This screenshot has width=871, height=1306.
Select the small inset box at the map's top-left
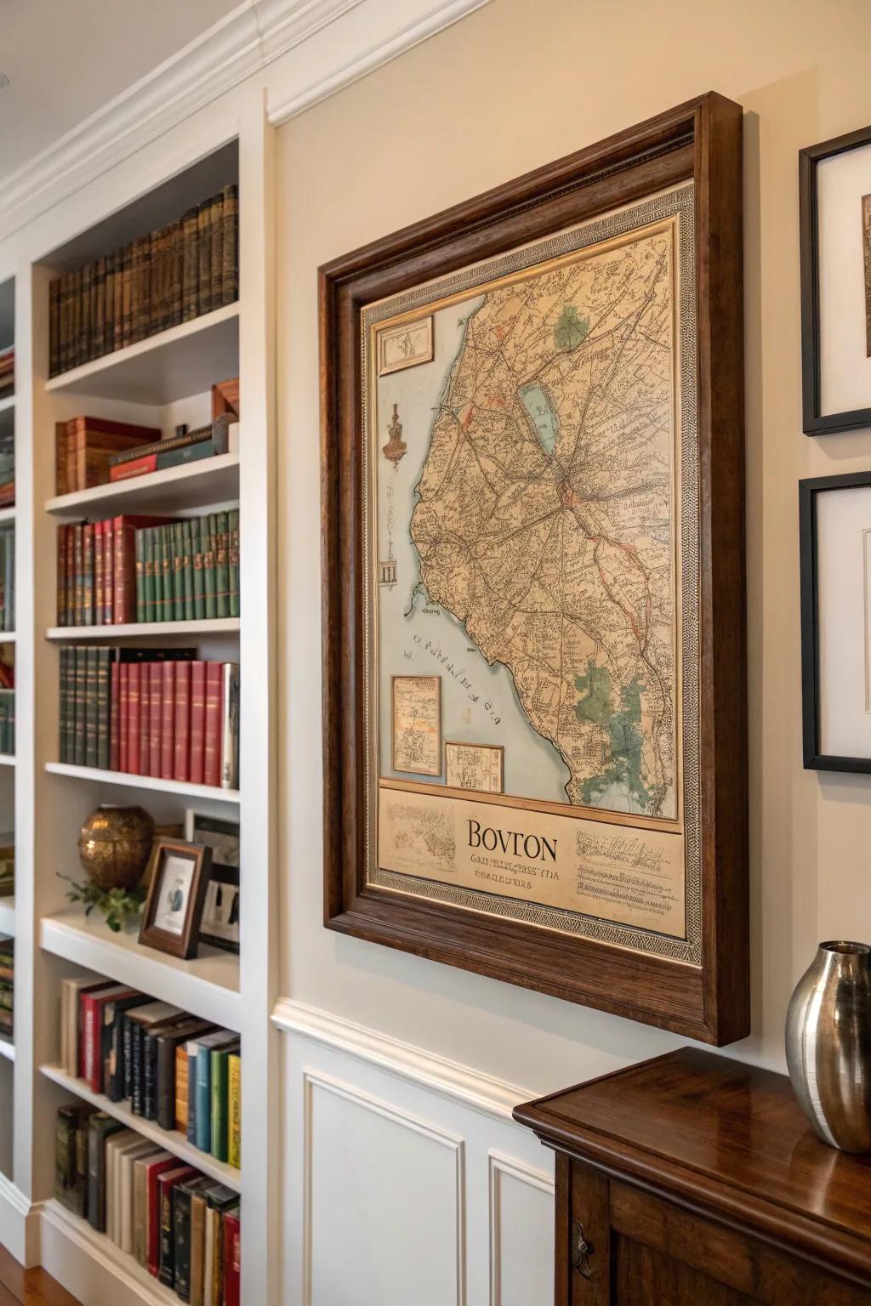[405, 344]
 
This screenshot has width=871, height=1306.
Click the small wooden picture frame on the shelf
[174, 898]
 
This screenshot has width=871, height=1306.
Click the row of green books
[187, 566]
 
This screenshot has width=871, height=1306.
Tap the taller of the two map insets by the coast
[416, 724]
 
